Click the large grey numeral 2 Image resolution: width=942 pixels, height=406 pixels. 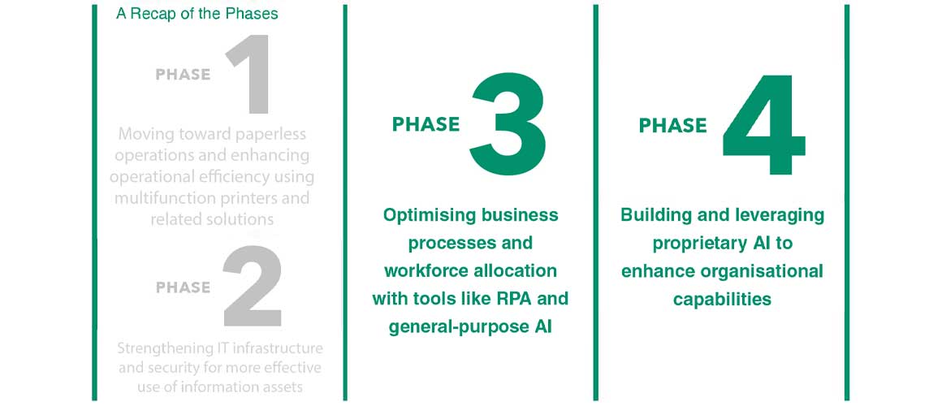(253, 286)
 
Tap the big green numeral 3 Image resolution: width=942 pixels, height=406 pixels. (508, 125)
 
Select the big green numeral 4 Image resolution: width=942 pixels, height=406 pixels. (763, 125)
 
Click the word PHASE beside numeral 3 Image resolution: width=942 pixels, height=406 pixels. (426, 124)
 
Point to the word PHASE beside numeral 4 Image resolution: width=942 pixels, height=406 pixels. (673, 125)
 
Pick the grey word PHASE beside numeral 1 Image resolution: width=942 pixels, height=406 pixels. (184, 75)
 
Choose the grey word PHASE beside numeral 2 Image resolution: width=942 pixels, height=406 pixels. (184, 287)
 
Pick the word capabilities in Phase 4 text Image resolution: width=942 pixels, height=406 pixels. (722, 299)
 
